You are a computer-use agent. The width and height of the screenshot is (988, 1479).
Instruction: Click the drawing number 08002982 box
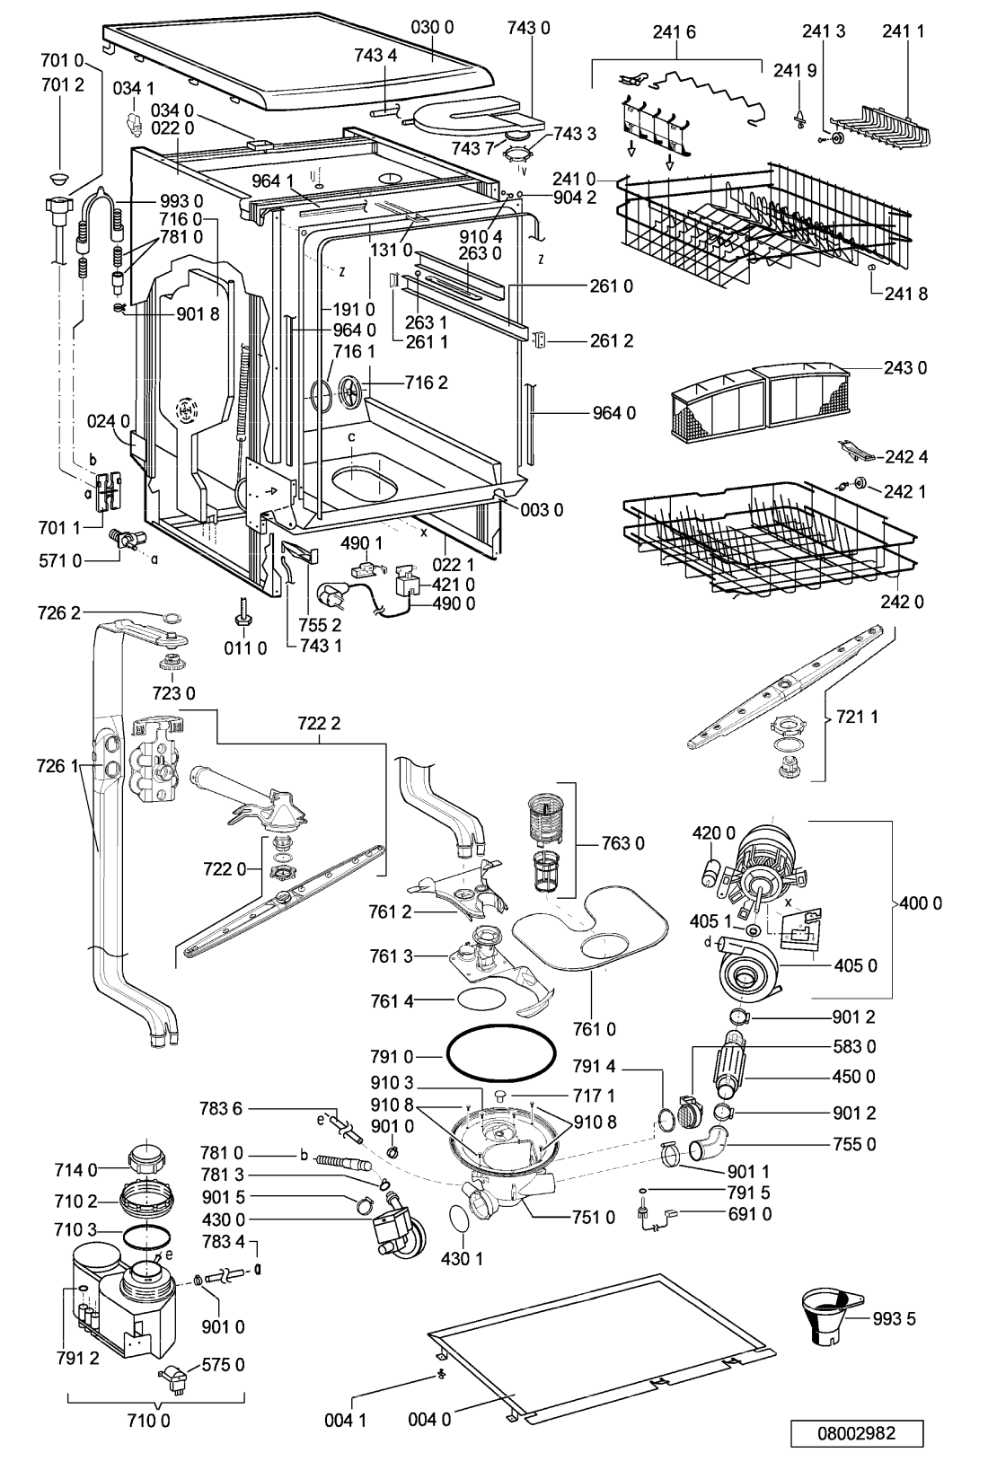tap(856, 1432)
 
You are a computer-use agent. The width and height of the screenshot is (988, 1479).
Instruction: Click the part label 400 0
tap(921, 903)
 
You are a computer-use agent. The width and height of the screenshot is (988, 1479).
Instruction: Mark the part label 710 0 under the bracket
tap(155, 1421)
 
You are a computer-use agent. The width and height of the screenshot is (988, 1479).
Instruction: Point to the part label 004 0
tap(429, 1420)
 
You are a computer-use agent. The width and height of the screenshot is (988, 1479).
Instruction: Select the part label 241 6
tap(674, 31)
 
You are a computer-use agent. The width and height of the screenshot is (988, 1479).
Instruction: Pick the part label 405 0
tap(856, 966)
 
